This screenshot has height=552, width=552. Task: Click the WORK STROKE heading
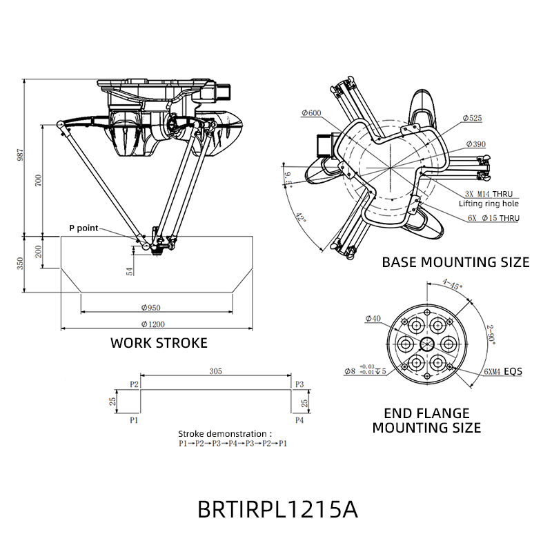coord(159,343)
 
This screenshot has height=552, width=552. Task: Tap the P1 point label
coord(135,419)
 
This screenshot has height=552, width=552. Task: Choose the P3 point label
coord(299,384)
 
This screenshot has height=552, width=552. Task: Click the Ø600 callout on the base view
coord(310,113)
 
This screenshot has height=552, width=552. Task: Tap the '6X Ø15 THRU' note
coord(493,217)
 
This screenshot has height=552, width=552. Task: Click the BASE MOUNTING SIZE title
coord(455,262)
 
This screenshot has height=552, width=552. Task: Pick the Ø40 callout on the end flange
coord(373,318)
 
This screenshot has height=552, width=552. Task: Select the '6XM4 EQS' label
coord(502,371)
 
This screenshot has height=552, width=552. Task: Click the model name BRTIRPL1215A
coord(277,510)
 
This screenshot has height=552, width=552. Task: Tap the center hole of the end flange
coord(426,343)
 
